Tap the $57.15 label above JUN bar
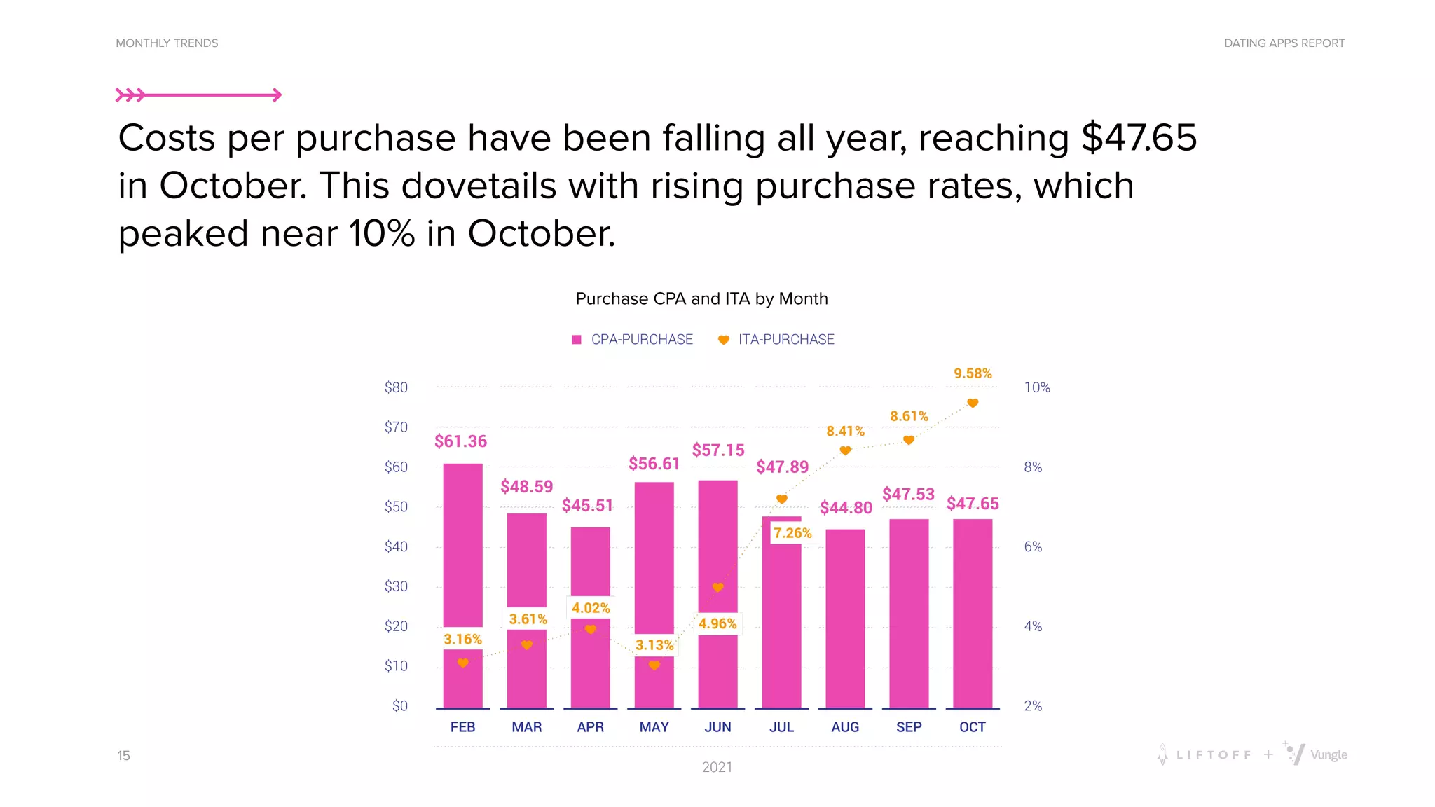pos(717,450)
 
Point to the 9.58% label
pos(973,373)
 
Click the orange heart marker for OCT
pos(973,403)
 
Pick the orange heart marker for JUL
pos(782,499)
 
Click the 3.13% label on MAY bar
pos(654,644)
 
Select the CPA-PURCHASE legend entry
pos(633,340)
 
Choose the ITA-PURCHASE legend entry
pos(776,340)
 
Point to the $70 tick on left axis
pos(396,427)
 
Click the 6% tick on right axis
pos(1033,546)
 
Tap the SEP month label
pos(909,727)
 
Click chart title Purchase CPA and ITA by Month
pos(701,299)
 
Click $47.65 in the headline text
pos(1139,138)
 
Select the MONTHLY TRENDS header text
pos(167,43)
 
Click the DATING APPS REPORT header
pos(1284,43)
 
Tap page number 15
pos(123,755)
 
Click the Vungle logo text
pos(1328,755)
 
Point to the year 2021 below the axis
pos(717,767)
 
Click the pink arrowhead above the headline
pos(277,95)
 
